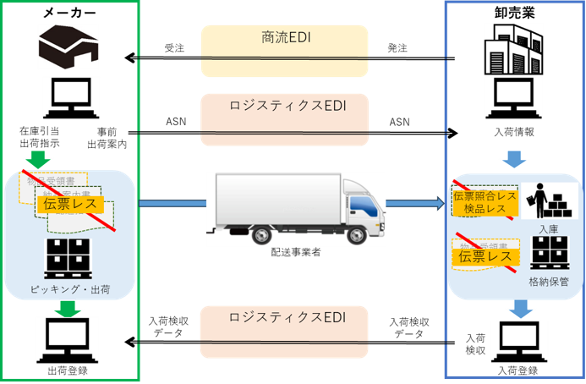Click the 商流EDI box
click(284, 39)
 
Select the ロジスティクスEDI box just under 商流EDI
click(284, 107)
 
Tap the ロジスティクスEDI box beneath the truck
click(284, 318)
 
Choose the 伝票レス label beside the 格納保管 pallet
click(485, 255)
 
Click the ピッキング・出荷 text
click(69, 291)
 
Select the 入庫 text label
click(545, 228)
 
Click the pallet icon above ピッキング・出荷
click(69, 259)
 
